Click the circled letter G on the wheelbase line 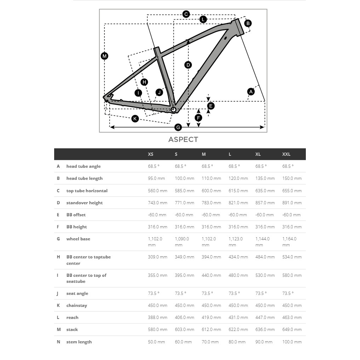pyautogui.click(x=178, y=127)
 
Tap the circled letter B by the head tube pyautogui.click(x=248, y=23)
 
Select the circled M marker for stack pyautogui.click(x=104, y=56)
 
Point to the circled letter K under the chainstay pyautogui.click(x=135, y=119)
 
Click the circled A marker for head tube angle pyautogui.click(x=251, y=92)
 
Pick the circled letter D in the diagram pyautogui.click(x=188, y=65)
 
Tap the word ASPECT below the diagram pyautogui.click(x=183, y=139)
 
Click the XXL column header pyautogui.click(x=286, y=154)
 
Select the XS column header pyautogui.click(x=150, y=154)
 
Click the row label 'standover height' pyautogui.click(x=84, y=203)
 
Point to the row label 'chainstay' pyautogui.click(x=76, y=305)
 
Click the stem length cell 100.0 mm pyautogui.click(x=292, y=342)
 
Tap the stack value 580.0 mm pyautogui.click(x=158, y=330)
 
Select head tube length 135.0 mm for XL pyautogui.click(x=265, y=178)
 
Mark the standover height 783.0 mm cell pyautogui.click(x=211, y=203)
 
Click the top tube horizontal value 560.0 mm pyautogui.click(x=158, y=191)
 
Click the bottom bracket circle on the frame pyautogui.click(x=173, y=109)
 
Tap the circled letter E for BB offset pyautogui.click(x=211, y=106)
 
